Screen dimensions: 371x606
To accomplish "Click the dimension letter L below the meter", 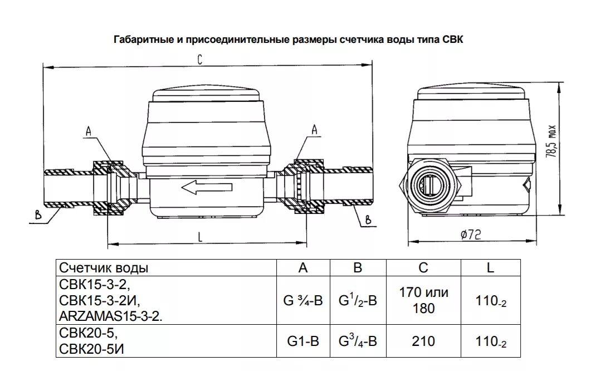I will [199, 236].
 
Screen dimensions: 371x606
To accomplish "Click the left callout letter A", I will [87, 131].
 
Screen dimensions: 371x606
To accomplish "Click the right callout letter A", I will [314, 129].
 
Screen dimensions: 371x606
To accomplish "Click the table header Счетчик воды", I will [104, 268].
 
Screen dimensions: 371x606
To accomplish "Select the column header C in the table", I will [423, 268].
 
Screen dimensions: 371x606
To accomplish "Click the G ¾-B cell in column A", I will [302, 301].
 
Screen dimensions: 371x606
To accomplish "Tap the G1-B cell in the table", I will [302, 341].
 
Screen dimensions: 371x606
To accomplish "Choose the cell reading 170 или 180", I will [423, 300].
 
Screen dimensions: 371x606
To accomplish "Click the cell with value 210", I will [423, 341].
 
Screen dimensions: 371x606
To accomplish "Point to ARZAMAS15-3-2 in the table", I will [110, 316].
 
